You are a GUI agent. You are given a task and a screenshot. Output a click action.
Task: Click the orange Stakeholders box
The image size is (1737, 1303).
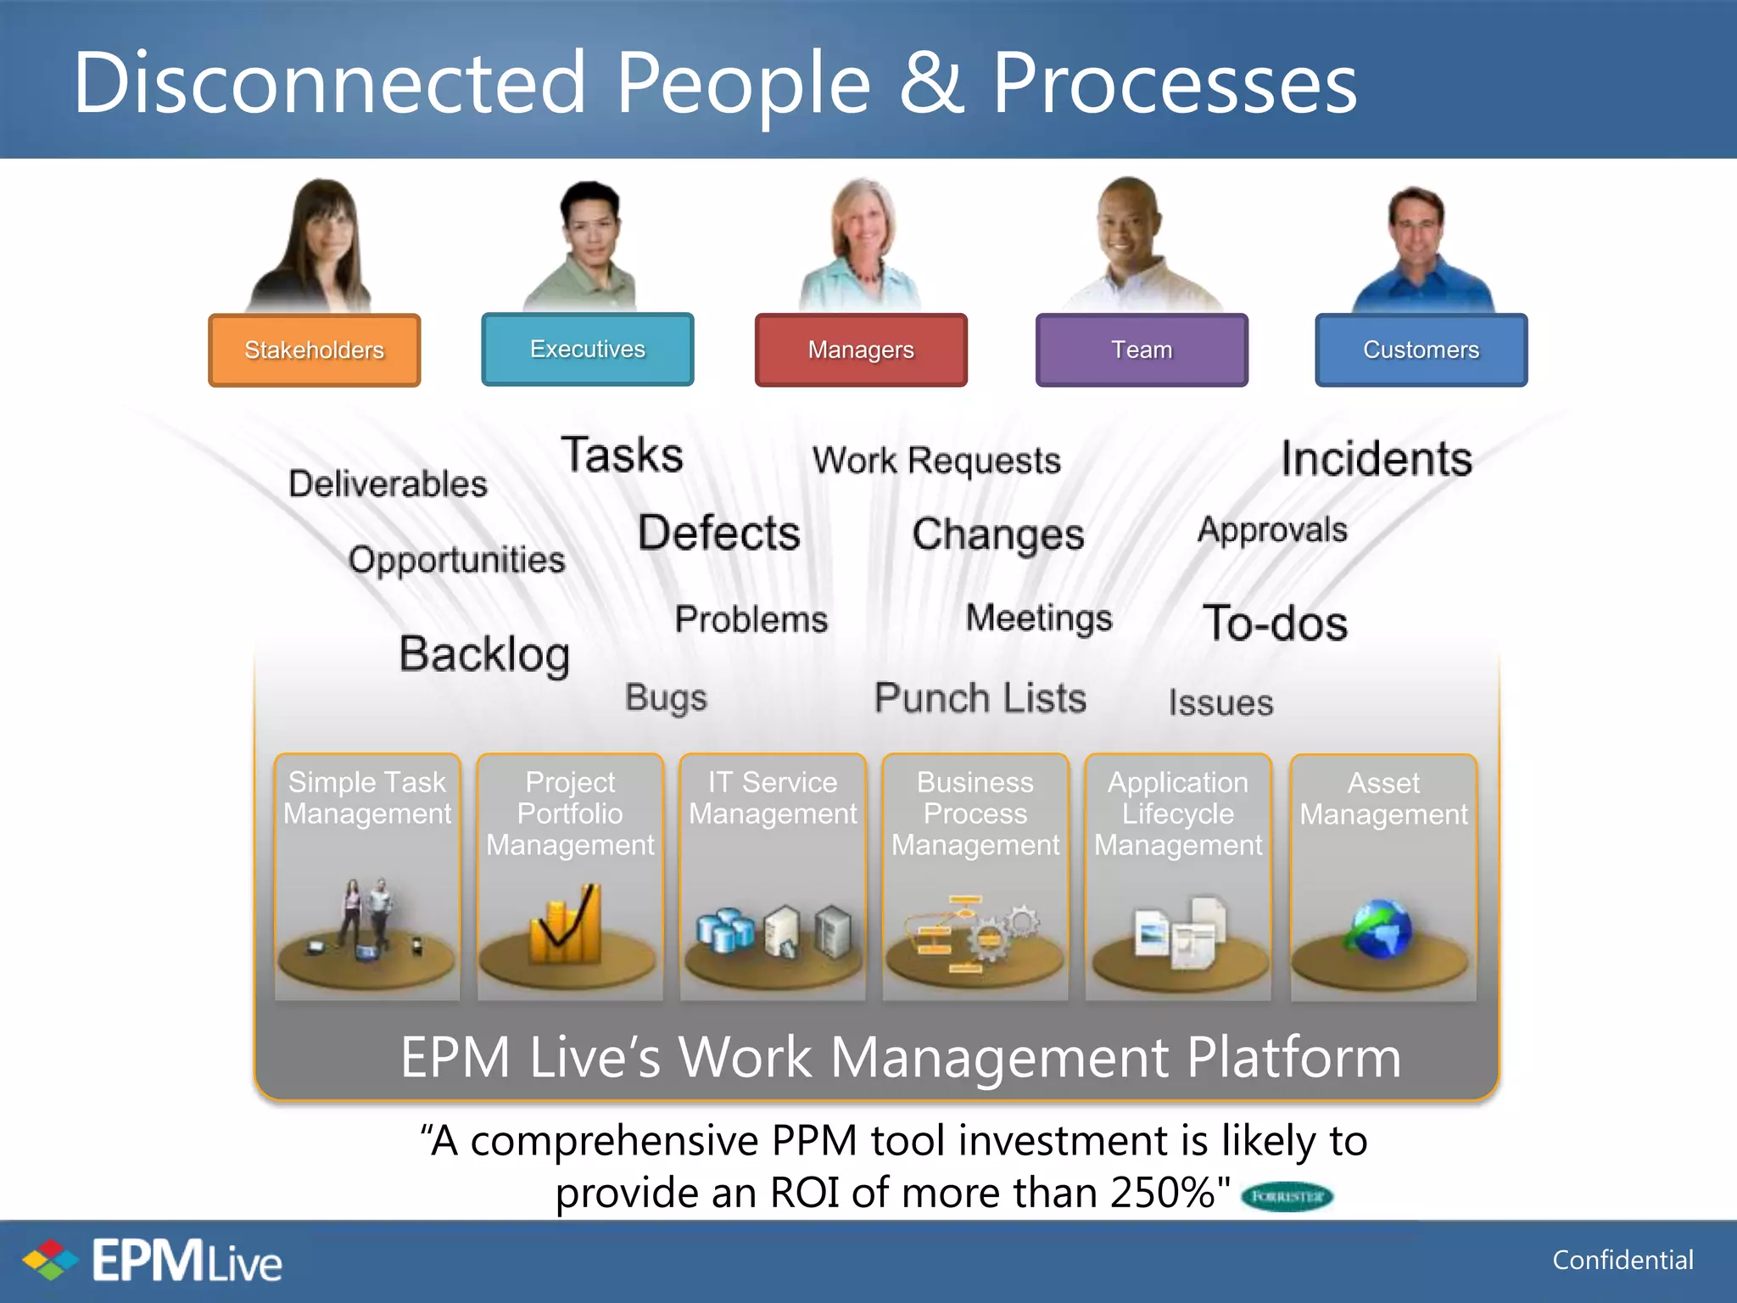[x=314, y=350]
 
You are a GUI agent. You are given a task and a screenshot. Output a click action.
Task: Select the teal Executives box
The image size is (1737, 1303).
[x=587, y=349]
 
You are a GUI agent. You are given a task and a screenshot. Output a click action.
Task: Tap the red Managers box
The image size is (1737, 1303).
[x=860, y=350]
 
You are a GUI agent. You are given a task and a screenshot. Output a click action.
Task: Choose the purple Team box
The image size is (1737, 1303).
[x=1141, y=350]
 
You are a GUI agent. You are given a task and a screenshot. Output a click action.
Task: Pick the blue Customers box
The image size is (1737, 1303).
[x=1421, y=350]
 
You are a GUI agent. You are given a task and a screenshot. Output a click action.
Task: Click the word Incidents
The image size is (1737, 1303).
[x=1376, y=459]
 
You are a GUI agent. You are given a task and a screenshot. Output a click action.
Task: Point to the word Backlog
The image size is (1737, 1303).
[x=484, y=654]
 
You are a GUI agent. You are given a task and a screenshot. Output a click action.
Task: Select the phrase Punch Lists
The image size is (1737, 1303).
[x=980, y=698]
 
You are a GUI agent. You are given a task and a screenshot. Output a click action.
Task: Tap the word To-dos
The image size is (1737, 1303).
[x=1275, y=624]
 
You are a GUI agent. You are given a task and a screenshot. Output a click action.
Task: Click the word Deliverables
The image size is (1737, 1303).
[x=388, y=484]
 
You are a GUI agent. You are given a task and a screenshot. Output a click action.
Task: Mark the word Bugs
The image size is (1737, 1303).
[x=666, y=697]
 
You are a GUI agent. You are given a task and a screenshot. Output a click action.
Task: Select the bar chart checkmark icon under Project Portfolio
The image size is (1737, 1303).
[x=567, y=925]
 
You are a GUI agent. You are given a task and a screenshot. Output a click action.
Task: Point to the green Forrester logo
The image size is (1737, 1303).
[x=1287, y=1196]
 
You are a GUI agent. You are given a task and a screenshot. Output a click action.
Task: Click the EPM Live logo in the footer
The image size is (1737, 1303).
[x=153, y=1261]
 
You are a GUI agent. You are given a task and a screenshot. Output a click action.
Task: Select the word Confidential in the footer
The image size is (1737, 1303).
[x=1622, y=1260]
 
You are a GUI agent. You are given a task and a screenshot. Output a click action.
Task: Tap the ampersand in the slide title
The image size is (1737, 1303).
[x=930, y=82]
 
